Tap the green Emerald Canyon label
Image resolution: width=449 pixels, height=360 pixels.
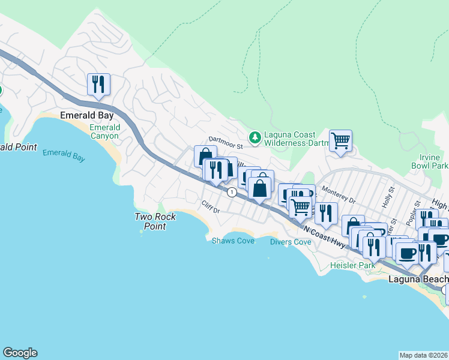(x=104, y=131)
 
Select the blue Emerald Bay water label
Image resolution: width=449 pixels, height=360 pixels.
(x=64, y=155)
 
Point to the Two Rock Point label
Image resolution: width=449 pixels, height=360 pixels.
(x=155, y=221)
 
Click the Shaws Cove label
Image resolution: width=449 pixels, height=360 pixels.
(x=233, y=241)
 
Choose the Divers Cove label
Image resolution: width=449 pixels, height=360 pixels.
(x=290, y=242)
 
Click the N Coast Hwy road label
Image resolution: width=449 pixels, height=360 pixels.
(x=324, y=235)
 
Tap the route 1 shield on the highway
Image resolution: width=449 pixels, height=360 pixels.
(x=231, y=192)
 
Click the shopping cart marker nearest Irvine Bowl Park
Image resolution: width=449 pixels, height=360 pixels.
(x=340, y=140)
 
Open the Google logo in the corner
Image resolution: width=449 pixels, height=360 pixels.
(x=20, y=353)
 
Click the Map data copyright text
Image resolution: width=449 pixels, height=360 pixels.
(x=423, y=355)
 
